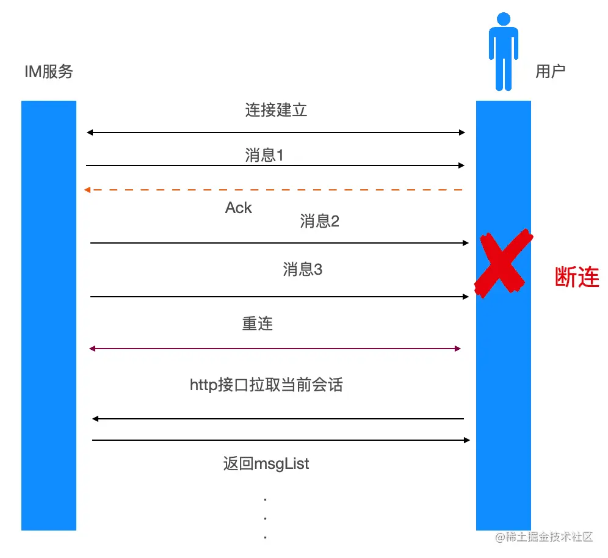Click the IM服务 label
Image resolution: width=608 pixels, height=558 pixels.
coord(49,72)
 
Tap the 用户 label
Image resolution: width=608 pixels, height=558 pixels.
coord(550,71)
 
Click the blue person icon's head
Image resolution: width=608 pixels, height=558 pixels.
coord(504,19)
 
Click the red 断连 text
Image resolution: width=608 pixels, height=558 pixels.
coord(577,278)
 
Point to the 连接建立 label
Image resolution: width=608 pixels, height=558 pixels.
coord(276,111)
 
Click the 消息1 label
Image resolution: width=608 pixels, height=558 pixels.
coord(264,156)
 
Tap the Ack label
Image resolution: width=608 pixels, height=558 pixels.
coord(238,208)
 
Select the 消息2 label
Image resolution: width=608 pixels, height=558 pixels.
coord(319,221)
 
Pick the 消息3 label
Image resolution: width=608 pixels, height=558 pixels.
coord(302,269)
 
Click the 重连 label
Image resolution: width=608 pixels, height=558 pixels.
coord(257,324)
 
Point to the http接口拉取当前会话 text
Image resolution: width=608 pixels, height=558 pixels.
coord(266,385)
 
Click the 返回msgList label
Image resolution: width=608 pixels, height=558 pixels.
coord(266,464)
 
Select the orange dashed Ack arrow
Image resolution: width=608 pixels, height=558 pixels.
coord(275,190)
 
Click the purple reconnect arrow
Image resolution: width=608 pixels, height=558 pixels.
coord(275,349)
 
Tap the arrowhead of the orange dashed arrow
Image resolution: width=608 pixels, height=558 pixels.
coord(88,190)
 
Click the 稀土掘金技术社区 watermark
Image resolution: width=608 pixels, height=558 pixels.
coord(544,537)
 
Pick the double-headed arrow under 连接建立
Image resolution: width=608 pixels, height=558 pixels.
coord(276,132)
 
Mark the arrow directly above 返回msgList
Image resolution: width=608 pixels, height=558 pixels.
coord(281,440)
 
